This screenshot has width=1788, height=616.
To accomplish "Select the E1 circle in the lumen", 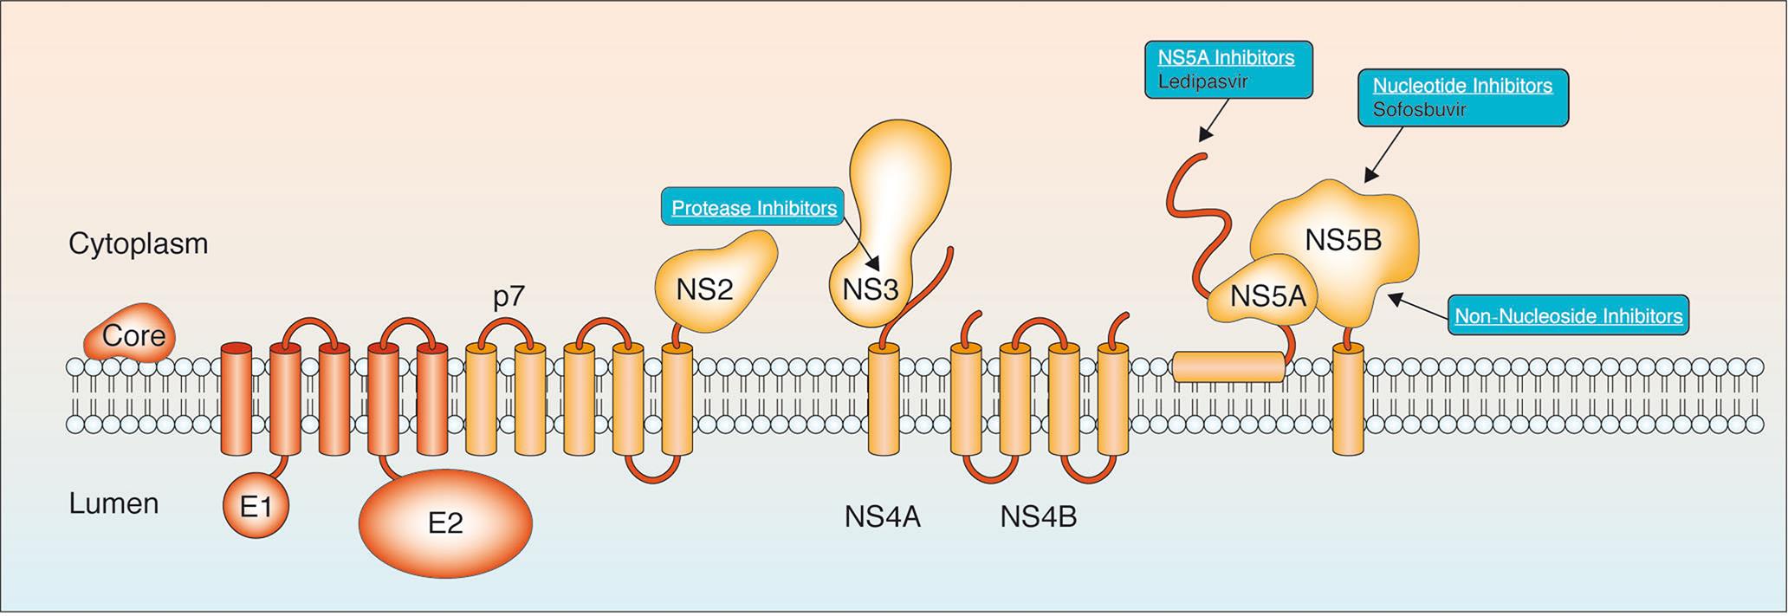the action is [256, 505].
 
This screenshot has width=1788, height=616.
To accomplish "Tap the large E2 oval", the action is [445, 522].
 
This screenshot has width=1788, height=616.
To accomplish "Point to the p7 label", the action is [509, 297].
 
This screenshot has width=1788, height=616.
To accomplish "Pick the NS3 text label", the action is [871, 289].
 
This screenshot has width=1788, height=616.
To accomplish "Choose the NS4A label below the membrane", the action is [882, 517].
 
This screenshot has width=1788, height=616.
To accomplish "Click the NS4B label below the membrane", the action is [1038, 517].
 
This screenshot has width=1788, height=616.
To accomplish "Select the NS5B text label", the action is [1343, 240].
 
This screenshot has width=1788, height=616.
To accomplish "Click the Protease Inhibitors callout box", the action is [753, 207].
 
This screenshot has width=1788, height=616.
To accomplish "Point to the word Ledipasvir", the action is [1203, 81].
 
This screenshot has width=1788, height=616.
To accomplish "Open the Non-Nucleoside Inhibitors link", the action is [1569, 316].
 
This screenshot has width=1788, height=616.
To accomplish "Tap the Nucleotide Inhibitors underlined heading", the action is [1462, 86].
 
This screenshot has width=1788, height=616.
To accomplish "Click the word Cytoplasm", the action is [139, 243].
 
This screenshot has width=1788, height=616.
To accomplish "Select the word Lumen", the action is [113, 503].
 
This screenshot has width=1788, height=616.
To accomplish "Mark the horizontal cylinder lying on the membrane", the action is [1228, 366].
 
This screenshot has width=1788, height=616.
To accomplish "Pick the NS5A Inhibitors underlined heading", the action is [1226, 57].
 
